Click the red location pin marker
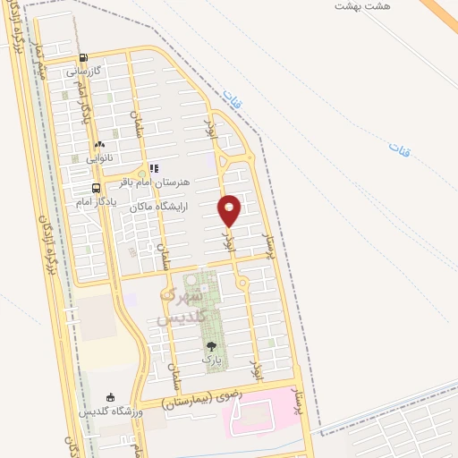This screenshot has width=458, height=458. point(230,210)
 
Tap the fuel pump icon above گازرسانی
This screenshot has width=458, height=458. point(83,57)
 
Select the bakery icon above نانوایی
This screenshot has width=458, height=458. point(99,143)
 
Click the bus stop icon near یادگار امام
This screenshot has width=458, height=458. point(96,188)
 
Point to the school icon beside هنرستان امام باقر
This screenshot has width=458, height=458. point(154,167)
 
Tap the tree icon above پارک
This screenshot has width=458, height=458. point(211,344)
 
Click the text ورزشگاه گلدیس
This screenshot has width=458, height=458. point(110,411)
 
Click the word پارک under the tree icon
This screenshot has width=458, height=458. point(211,359)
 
